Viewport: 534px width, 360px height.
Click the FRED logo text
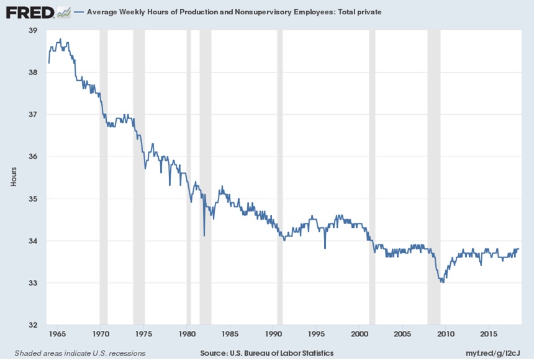pos(30,12)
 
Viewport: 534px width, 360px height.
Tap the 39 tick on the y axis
pos(33,30)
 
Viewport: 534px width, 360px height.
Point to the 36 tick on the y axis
pos(33,156)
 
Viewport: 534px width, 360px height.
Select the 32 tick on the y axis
pos(33,325)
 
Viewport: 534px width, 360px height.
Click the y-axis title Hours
pos(14,178)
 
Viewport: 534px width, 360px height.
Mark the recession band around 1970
pos(104,177)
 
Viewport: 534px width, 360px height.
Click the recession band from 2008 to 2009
pos(434,177)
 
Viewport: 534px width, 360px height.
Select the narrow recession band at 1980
pos(189,177)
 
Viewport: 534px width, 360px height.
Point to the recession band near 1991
pos(279,177)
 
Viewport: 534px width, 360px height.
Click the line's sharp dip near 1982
pos(204,235)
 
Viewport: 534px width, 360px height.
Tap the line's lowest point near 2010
pos(442,282)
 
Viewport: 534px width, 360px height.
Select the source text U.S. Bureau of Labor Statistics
pos(289,353)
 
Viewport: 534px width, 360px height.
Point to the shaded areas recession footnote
pos(76,353)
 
